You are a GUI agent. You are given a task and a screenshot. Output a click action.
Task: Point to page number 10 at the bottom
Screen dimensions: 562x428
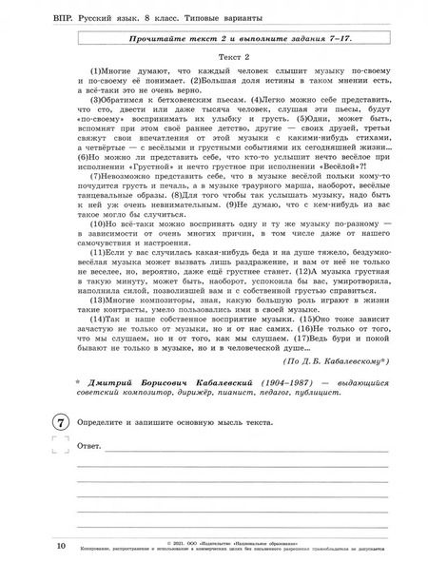click(34, 546)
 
